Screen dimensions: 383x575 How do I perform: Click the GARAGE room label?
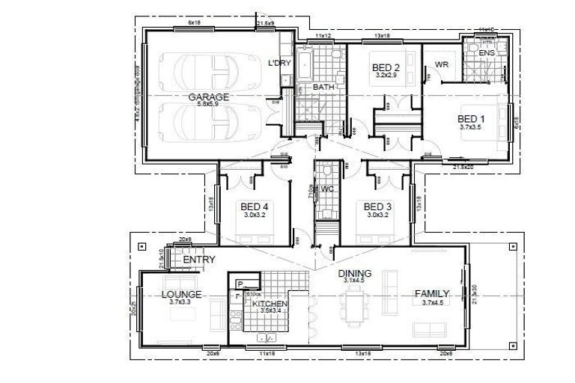click(x=208, y=97)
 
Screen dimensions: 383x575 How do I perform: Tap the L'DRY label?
click(x=279, y=63)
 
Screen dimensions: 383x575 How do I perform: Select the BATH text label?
click(x=323, y=88)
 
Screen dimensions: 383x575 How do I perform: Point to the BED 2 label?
click(x=386, y=68)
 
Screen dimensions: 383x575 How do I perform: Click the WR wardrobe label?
click(x=441, y=65)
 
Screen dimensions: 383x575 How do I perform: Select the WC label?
click(x=326, y=189)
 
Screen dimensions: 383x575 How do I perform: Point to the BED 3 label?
click(x=378, y=206)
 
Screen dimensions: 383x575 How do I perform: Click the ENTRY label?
click(x=199, y=260)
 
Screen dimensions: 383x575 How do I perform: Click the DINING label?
click(x=354, y=273)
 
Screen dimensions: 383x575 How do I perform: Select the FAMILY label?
click(x=432, y=293)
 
